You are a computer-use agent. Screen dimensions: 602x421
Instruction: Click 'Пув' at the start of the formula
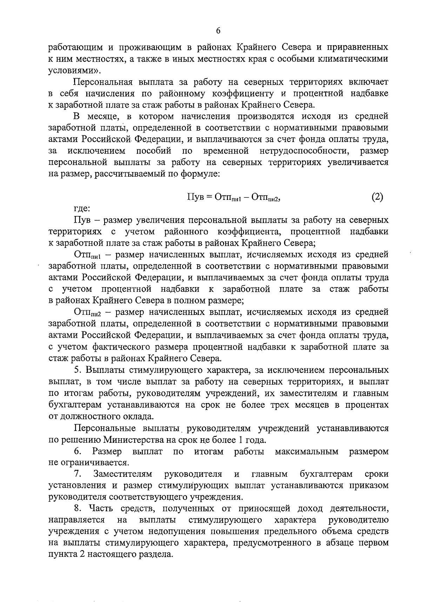[x=195, y=197]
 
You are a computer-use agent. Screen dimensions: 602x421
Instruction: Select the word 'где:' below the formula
[x=82, y=209]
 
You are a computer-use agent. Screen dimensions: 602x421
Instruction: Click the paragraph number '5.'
[x=78, y=370]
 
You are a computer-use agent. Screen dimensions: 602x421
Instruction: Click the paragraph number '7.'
[x=78, y=474]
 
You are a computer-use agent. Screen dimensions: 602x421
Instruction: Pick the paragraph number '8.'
[x=78, y=509]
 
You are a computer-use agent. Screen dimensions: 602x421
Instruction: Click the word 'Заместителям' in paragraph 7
[x=123, y=474]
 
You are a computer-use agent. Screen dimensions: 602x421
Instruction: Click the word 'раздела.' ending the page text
[x=158, y=555]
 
